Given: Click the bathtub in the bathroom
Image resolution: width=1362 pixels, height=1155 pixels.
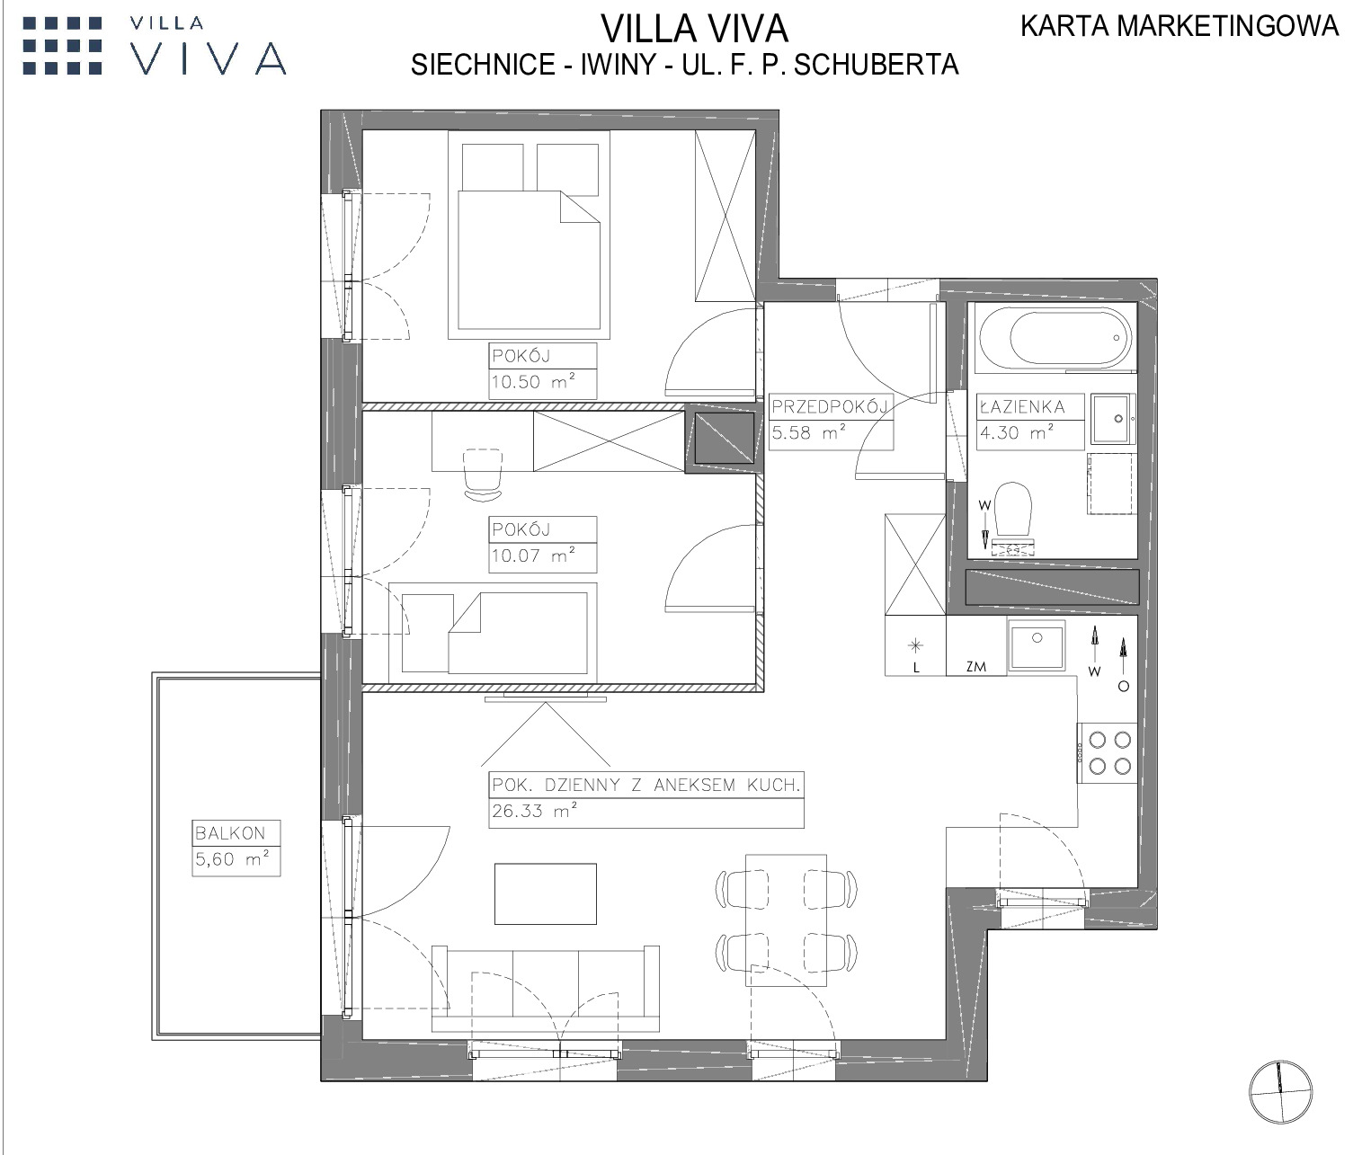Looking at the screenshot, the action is (x=1055, y=337).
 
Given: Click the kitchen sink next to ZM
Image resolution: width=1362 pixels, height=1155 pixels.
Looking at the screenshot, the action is (x=1037, y=645).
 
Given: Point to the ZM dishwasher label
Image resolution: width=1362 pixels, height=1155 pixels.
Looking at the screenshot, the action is (x=975, y=667).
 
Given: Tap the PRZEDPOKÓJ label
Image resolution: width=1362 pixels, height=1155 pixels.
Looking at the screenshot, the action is (x=830, y=406).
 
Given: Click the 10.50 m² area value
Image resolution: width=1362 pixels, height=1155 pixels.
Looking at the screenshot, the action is (x=533, y=381).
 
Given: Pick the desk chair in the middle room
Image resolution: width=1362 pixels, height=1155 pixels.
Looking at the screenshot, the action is (x=483, y=475).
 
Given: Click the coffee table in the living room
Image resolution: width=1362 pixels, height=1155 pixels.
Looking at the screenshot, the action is (x=546, y=893).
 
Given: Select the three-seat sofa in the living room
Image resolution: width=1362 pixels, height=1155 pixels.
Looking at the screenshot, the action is (x=546, y=989).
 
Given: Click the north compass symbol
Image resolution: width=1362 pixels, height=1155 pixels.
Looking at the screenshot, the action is (x=1280, y=1091).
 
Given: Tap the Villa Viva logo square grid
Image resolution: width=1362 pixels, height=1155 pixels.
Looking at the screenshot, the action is (x=63, y=46).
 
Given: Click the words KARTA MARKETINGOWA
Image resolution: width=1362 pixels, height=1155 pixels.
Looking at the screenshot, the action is (x=1180, y=26).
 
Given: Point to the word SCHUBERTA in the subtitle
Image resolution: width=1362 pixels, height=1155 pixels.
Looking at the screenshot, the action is (x=876, y=66).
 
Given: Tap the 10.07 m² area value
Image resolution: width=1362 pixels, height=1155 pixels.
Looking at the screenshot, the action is (x=533, y=555).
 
